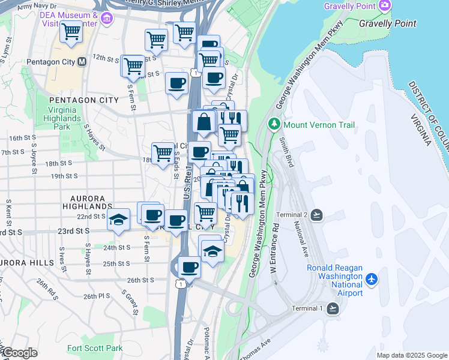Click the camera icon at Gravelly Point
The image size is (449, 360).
[384, 6]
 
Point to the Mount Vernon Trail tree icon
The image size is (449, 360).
[274, 125]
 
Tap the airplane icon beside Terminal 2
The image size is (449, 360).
[317, 215]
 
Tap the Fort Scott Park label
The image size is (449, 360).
[95, 348]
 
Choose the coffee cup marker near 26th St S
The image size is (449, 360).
[189, 268]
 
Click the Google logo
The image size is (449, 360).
[19, 353]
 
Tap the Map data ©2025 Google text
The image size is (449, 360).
[412, 355]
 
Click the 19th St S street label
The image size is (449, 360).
[65, 176]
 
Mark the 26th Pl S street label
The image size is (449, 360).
[97, 296]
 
